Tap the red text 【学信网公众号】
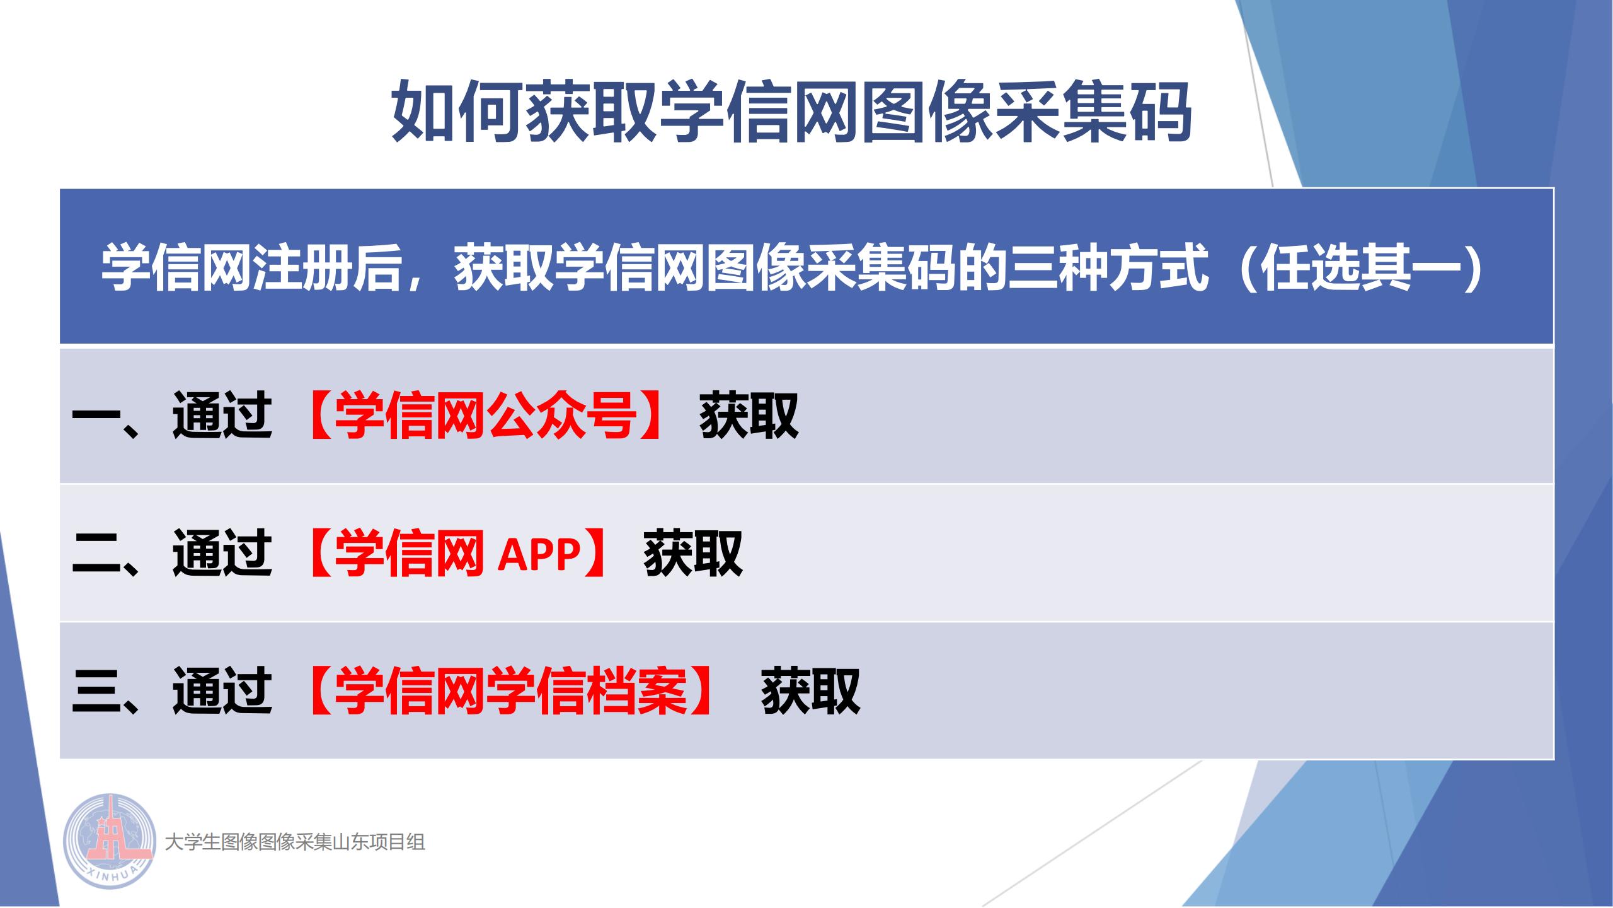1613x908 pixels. pyautogui.click(x=485, y=416)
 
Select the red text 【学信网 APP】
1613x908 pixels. pyautogui.click(x=456, y=554)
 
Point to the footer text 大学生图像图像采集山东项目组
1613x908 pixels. pyautogui.click(x=295, y=842)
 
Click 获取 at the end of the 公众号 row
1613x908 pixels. pyautogui.click(x=749, y=416)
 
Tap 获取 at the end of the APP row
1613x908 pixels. pyautogui.click(x=693, y=554)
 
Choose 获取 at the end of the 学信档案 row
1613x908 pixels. pyautogui.click(x=811, y=691)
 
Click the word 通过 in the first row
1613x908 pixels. pyautogui.click(x=222, y=416)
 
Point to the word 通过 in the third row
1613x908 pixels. pyautogui.click(x=222, y=691)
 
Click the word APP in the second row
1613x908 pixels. pyautogui.click(x=539, y=554)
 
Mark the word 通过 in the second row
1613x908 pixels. pyautogui.click(x=222, y=554)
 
